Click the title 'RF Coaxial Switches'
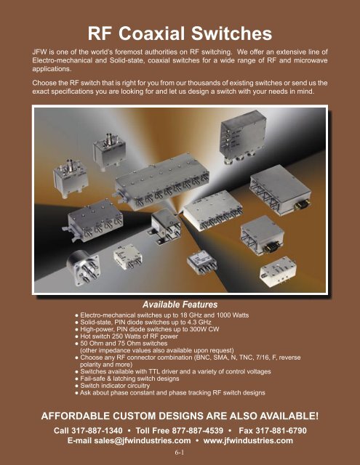pyautogui.click(x=180, y=33)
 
